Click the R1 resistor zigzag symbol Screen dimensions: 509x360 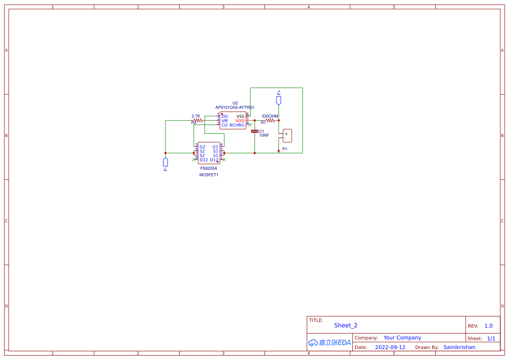pyautogui.click(x=270, y=121)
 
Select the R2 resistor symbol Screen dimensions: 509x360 pyautogui.click(x=198, y=121)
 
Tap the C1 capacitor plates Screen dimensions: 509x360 pyautogui.click(x=255, y=131)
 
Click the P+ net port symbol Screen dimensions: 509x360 pyautogui.click(x=279, y=101)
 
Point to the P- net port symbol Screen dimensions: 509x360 pyautogui.click(x=165, y=162)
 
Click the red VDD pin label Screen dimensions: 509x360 pyautogui.click(x=240, y=121)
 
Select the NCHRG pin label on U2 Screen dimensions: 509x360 pyautogui.click(x=237, y=125)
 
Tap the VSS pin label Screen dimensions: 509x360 pyautogui.click(x=240, y=116)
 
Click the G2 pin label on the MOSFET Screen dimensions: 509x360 pyautogui.click(x=202, y=147)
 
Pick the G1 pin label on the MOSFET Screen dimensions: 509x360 pyautogui.click(x=215, y=147)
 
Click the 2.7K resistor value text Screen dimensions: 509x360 pyautogui.click(x=196, y=116)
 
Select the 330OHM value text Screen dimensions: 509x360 pyautogui.click(x=270, y=116)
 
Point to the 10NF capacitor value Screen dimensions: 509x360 pyautogui.click(x=264, y=135)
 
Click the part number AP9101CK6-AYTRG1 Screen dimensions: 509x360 pyautogui.click(x=235, y=108)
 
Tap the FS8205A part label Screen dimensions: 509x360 pyautogui.click(x=209, y=168)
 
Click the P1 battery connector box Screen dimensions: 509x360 pyautogui.click(x=287, y=136)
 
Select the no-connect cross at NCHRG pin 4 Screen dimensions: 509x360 pyautogui.click(x=250, y=124)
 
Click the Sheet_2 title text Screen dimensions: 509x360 pyautogui.click(x=346, y=325)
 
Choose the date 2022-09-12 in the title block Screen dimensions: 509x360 pyautogui.click(x=390, y=347)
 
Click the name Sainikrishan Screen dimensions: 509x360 pyautogui.click(x=459, y=347)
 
